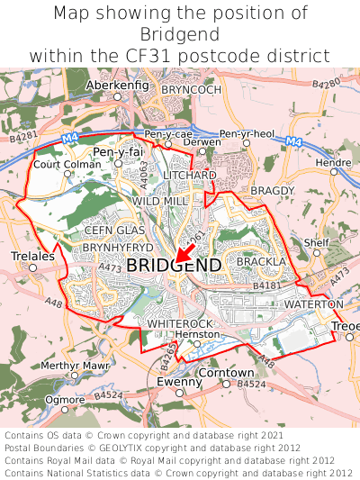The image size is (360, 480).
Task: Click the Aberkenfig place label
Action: (x=116, y=85)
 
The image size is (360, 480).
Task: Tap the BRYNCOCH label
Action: (x=191, y=90)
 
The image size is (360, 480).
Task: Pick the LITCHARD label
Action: (x=190, y=174)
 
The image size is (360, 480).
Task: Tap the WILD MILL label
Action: (x=160, y=201)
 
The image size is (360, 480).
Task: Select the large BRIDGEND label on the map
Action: (x=174, y=266)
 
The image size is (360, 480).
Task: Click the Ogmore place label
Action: (x=64, y=398)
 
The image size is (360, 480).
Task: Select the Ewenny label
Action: (x=178, y=382)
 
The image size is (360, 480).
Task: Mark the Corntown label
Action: (x=225, y=372)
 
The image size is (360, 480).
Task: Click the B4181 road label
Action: (x=267, y=285)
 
